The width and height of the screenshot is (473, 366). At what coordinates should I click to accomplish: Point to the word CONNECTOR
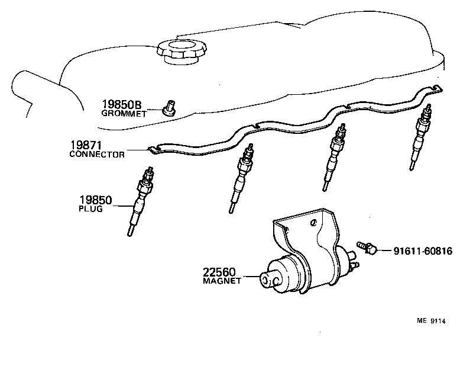coord(97,155)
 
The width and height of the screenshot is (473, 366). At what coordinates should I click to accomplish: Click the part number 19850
coord(95,200)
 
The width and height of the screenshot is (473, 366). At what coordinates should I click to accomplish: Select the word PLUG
coord(90,209)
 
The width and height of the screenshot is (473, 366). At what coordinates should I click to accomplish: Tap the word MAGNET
coord(222,281)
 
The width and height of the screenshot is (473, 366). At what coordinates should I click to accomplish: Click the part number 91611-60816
coord(423,251)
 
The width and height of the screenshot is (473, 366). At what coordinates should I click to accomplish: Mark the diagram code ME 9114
coord(430,322)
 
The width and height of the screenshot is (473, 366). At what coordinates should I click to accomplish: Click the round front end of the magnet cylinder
coord(271,280)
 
